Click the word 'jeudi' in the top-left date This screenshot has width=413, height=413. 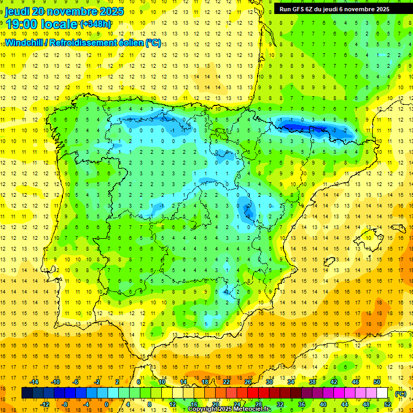[x=17, y=11]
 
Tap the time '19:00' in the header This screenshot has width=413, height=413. [x=24, y=24]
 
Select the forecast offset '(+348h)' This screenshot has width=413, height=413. [x=95, y=24]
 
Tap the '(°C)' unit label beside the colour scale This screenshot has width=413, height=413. [x=400, y=394]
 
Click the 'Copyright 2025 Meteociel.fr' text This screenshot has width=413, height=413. [x=230, y=409]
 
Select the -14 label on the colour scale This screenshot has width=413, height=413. [x=34, y=382]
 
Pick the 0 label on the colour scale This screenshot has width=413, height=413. [x=106, y=404]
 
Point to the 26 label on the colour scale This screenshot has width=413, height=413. [x=248, y=382]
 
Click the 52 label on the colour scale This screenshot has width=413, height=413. [x=387, y=404]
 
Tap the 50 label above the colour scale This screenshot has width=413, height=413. [x=377, y=382]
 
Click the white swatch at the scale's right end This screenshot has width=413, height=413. [x=382, y=393]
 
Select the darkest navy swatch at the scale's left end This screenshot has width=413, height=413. [x=27, y=393]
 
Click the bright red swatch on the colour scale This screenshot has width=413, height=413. [x=253, y=393]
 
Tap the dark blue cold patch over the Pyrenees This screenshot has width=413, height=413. [x=301, y=127]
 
